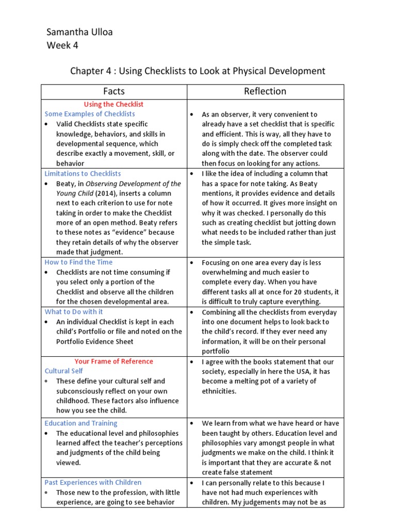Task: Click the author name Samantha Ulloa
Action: (x=79, y=32)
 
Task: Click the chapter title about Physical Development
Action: (x=197, y=71)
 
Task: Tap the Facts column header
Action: (x=114, y=91)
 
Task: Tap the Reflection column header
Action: (x=265, y=91)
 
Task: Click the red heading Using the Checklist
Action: (x=113, y=104)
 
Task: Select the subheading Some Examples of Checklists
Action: (x=90, y=114)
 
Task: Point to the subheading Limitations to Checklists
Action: (x=82, y=174)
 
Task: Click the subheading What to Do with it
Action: (x=74, y=311)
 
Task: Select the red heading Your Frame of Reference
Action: (x=113, y=361)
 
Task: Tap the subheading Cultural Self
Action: (x=64, y=371)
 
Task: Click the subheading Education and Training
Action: (x=81, y=423)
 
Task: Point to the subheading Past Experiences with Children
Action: (x=93, y=483)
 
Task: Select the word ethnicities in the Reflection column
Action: (x=219, y=391)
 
